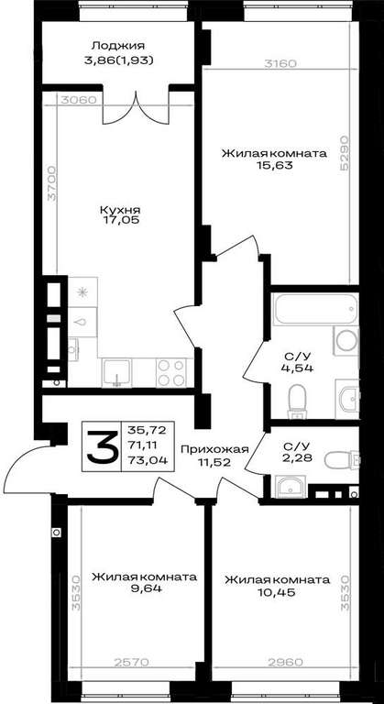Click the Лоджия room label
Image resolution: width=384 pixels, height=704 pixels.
coord(118,46)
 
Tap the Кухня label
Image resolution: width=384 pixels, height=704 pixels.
coord(120,210)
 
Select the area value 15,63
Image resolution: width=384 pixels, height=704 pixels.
coord(274,165)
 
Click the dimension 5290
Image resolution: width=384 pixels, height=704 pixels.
coord(345,154)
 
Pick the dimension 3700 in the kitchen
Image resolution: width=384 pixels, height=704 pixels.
coord(52,183)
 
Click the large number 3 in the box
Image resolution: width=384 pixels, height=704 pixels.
coord(101,446)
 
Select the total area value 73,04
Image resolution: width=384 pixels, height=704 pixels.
coord(148,460)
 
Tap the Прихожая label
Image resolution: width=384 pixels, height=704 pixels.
coord(214,449)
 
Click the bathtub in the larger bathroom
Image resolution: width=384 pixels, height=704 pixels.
coord(316,309)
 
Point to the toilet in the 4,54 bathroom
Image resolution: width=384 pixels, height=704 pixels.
coord(297,401)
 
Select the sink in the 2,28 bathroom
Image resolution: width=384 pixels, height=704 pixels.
coord(290,486)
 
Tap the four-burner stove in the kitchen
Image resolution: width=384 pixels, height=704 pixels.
coord(171,373)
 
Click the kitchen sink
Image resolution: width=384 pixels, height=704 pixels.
coord(116,373)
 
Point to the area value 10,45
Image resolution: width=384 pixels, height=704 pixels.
coord(277,592)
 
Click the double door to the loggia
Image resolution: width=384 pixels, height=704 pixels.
coord(136,109)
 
